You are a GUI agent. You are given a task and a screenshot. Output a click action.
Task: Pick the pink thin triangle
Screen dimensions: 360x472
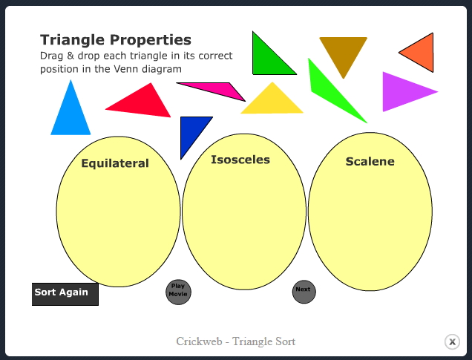click(x=219, y=91)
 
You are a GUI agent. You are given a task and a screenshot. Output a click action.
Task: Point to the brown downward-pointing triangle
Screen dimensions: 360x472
click(x=343, y=51)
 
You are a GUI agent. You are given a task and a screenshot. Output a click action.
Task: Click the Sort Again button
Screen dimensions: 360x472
click(x=65, y=293)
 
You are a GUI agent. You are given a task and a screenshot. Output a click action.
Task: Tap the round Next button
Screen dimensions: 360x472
click(x=304, y=292)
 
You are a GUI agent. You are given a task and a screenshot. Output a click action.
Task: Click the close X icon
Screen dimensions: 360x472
click(x=452, y=341)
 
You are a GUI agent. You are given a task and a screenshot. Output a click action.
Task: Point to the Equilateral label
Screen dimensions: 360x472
click(x=115, y=163)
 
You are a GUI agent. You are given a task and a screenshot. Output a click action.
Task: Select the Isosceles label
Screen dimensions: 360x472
click(x=240, y=160)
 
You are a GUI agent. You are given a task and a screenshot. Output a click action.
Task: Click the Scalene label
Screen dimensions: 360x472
click(x=370, y=161)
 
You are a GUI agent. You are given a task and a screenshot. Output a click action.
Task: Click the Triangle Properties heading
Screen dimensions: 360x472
click(x=116, y=40)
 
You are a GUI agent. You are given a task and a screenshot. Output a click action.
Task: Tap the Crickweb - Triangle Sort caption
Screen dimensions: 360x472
click(x=236, y=341)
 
